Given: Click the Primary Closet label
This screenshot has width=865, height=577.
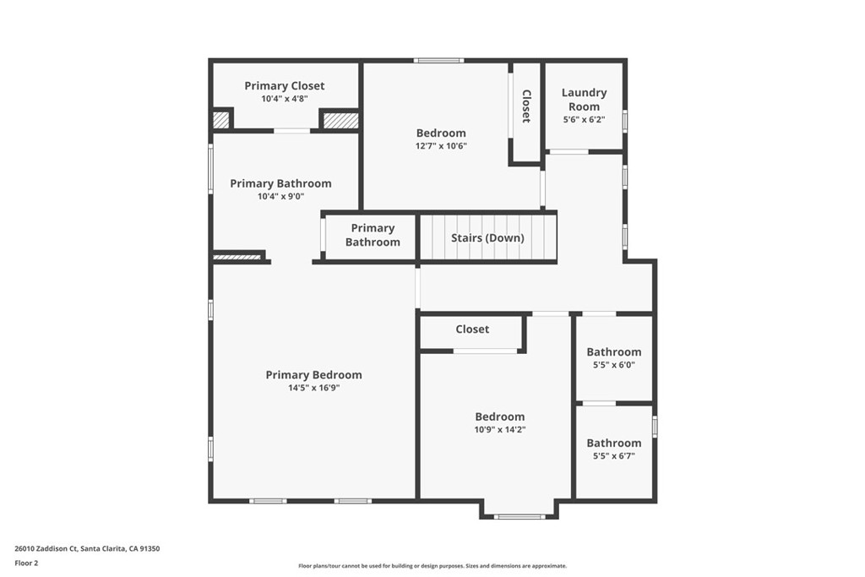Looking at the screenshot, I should [284, 85].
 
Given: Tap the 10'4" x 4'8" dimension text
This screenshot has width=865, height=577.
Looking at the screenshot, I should [284, 99].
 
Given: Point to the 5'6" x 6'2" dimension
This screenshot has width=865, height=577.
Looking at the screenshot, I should [584, 120].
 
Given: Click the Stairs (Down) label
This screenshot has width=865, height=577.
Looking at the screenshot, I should [487, 238].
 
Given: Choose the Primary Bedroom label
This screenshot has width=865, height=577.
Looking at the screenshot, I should [313, 375].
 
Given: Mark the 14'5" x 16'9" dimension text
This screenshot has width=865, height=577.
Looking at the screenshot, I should [313, 389].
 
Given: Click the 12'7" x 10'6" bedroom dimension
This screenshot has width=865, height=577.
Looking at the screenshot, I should [441, 146].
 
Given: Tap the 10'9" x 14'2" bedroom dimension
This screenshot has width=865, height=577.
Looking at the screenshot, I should [499, 430].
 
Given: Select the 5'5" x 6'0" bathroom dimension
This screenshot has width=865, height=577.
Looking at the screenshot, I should [614, 365].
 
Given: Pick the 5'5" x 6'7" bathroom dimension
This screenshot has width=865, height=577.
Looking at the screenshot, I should [614, 456].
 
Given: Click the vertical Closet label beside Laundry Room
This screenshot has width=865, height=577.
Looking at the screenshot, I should [526, 106].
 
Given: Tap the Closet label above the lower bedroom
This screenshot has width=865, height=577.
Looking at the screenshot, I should [472, 329].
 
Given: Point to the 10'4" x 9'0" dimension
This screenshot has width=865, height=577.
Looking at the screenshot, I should [280, 197].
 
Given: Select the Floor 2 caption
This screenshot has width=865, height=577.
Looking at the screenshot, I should [26, 563].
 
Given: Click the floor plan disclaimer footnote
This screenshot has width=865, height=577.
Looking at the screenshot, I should [432, 566].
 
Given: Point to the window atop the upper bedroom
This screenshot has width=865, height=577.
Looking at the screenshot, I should [438, 60].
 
